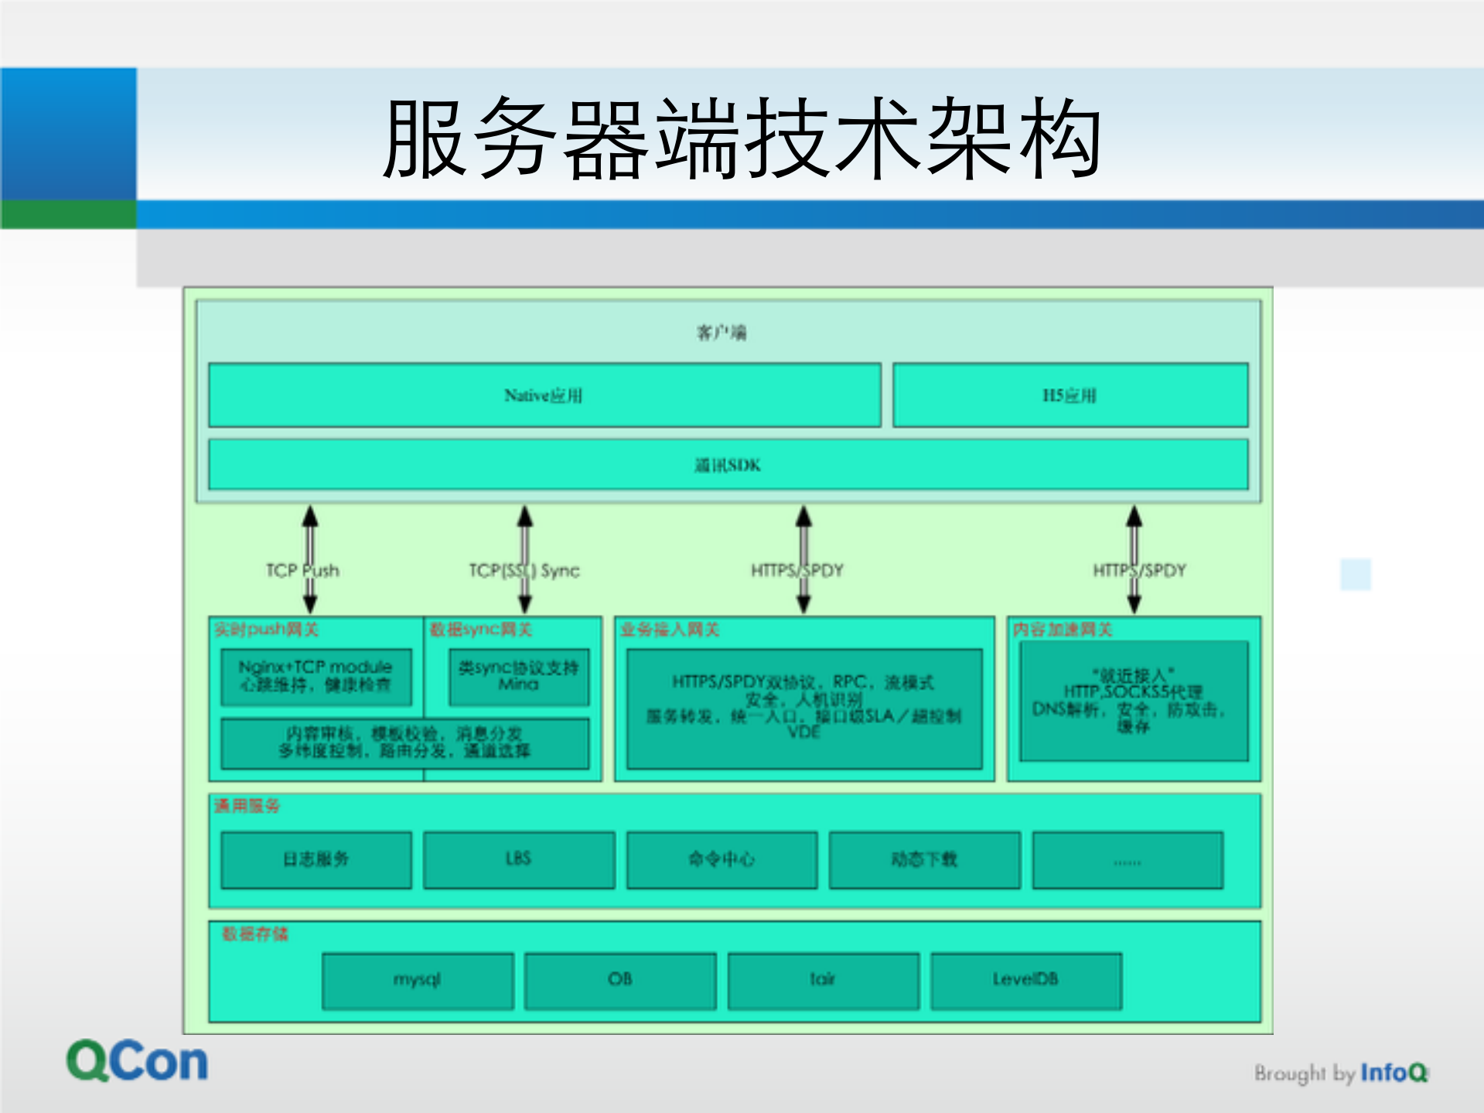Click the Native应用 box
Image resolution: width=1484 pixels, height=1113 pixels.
point(544,395)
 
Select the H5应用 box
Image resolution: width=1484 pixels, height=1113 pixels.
point(1070,395)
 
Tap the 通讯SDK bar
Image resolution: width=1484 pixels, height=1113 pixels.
point(728,465)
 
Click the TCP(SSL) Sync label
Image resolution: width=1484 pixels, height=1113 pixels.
point(524,571)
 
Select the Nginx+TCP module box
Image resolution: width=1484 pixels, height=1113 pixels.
point(316,676)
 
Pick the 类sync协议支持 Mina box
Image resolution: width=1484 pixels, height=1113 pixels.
point(518,676)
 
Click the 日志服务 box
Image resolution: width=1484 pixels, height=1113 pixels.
point(316,859)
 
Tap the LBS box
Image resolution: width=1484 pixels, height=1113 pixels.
point(518,859)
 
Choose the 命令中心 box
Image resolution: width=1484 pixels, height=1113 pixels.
point(722,859)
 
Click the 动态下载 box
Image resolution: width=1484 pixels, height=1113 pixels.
point(924,859)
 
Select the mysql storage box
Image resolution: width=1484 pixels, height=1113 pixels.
point(418,980)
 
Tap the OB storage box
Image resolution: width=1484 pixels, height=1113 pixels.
point(620,980)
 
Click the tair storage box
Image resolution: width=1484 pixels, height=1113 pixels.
point(823,980)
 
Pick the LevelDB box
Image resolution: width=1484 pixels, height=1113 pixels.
point(1025,980)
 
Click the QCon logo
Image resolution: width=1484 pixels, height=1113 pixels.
point(137,1061)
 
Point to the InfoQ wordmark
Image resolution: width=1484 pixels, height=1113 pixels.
point(1394,1073)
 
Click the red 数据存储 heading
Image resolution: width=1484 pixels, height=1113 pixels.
point(254,934)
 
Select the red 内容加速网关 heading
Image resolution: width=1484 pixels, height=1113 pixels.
point(1063,630)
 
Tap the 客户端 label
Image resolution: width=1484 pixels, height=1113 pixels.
point(722,333)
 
